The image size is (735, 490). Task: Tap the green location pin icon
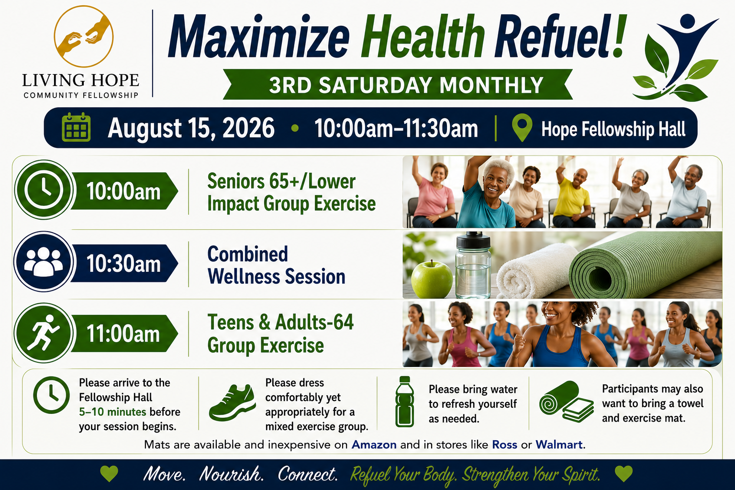522,127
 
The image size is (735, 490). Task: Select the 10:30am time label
123,264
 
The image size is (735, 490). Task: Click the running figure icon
43,333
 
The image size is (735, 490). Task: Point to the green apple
432,279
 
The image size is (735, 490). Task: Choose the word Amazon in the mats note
374,445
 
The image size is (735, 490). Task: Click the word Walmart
559,445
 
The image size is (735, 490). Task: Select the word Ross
504,445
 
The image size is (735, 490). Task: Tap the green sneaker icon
232,403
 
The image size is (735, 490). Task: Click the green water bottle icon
404,402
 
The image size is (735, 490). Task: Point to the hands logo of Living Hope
84,36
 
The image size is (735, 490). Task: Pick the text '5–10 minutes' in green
112,412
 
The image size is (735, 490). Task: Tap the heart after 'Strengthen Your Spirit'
624,474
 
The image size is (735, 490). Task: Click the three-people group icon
44,262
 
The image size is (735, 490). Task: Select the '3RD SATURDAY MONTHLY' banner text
406,85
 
